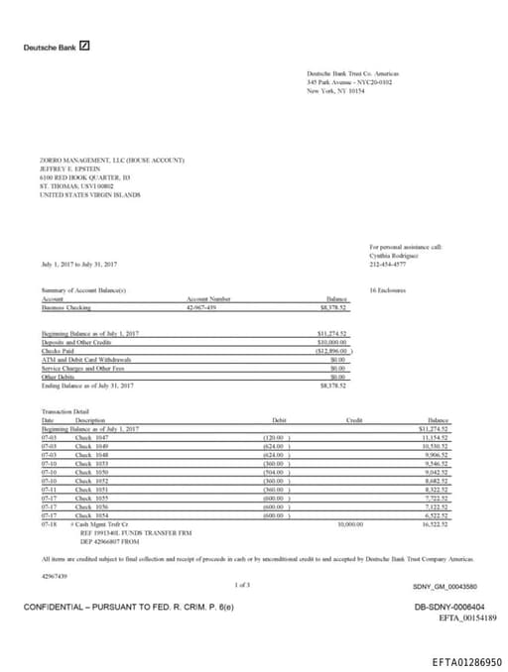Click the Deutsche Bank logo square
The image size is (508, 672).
pos(85,46)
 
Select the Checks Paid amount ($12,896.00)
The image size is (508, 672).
pos(330,351)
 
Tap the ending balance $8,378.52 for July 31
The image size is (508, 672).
pos(331,385)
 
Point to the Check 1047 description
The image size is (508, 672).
pos(90,436)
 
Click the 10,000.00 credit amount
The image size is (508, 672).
pos(352,523)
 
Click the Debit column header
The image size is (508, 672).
pos(278,420)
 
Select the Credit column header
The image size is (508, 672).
pos(354,420)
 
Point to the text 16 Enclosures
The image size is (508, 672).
pos(385,290)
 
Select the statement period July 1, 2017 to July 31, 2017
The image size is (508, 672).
pos(79,264)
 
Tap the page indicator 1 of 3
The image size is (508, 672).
pos(241,586)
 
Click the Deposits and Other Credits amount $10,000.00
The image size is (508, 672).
pos(330,342)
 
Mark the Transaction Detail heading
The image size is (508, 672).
pos(65,411)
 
